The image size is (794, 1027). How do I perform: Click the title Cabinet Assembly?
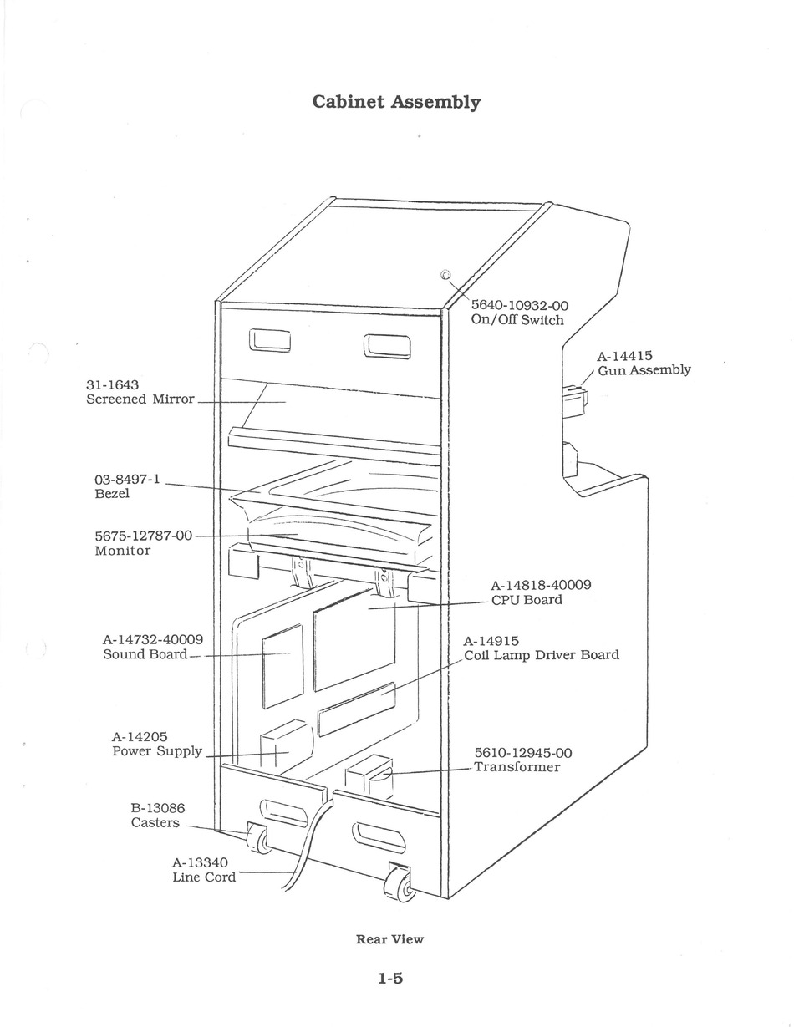396,102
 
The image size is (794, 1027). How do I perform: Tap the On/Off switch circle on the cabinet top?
445,275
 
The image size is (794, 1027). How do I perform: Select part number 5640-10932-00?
519,305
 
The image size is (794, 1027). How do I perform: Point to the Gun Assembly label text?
644,369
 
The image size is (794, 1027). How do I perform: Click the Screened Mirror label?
140,399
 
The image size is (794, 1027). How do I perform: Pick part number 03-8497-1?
127,479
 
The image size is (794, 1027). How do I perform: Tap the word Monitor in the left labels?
122,551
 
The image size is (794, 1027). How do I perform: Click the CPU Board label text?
527,600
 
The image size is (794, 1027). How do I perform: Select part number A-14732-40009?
153,640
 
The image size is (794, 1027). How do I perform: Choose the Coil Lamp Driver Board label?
542,655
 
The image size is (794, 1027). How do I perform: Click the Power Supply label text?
157,751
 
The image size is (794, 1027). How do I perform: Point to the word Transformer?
517,766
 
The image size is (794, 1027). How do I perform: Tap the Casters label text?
155,822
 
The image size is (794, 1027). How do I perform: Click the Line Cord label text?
204,877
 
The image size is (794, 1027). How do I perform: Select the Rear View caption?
389,939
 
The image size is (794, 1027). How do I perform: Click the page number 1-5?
390,978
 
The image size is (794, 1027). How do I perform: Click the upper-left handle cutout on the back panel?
269,341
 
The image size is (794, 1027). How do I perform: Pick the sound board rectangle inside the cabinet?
282,666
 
